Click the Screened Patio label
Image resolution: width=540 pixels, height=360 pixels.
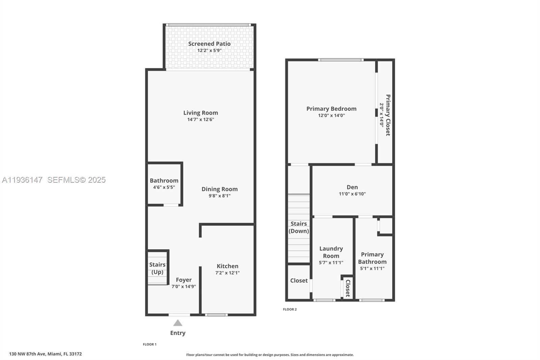click(x=209, y=44)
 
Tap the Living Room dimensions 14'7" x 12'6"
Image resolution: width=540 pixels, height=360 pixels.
click(x=200, y=120)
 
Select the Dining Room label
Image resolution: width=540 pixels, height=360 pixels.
click(x=220, y=189)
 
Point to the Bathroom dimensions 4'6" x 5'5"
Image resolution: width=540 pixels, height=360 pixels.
click(x=164, y=187)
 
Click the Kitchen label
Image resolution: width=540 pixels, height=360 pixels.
click(x=227, y=266)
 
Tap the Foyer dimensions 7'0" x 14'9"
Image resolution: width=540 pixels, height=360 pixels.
click(x=184, y=286)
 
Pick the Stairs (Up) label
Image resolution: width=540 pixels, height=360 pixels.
click(x=157, y=268)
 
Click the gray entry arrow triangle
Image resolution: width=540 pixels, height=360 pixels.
click(x=178, y=323)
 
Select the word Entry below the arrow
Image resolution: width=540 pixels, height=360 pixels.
click(x=178, y=333)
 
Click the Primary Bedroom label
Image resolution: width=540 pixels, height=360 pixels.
click(x=331, y=109)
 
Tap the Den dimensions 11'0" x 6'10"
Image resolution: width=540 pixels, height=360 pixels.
click(x=352, y=194)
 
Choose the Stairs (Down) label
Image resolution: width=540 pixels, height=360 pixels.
click(x=299, y=227)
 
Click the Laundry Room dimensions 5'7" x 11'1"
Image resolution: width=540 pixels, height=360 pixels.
click(x=331, y=262)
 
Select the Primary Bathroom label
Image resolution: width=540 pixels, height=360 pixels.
click(x=372, y=258)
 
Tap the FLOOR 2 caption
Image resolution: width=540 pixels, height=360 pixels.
click(x=290, y=309)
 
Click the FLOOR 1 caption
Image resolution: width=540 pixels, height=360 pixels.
click(x=150, y=344)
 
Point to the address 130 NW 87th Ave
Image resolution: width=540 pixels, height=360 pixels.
click(x=27, y=354)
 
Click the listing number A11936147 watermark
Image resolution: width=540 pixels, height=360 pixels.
click(x=22, y=180)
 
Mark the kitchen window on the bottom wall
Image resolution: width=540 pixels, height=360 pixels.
click(x=216, y=315)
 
